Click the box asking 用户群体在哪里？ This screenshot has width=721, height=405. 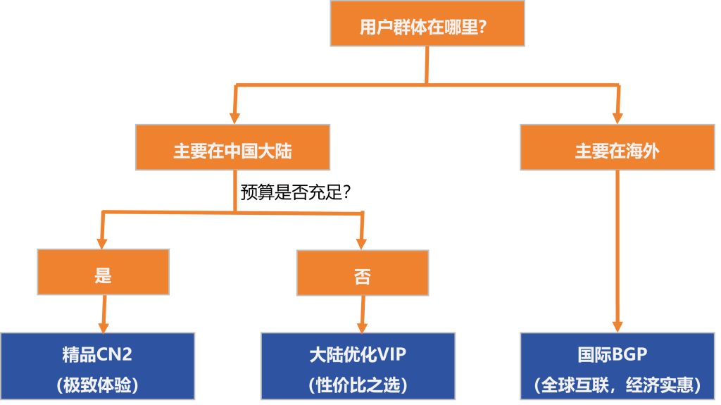pos(427,27)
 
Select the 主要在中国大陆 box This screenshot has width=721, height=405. pos(232,147)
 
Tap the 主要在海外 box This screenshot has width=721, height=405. pos(617,147)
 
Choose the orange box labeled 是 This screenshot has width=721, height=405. pos(104,272)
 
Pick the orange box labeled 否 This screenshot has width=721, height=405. pos(362,272)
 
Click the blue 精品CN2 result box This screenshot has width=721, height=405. pos(97,366)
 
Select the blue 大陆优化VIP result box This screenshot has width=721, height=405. pos(358,366)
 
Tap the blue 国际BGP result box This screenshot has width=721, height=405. pos(617,366)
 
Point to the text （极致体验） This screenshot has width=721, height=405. pos(97,385)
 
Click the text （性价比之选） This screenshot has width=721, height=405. pos(358,385)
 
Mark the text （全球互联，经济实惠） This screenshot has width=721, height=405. pos(617,385)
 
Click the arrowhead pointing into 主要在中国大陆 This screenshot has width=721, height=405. pos(234,116)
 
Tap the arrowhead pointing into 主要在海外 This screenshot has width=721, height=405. pos(618,116)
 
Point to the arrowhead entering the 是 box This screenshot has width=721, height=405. pos(103,241)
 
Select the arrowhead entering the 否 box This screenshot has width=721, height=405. pos(362,242)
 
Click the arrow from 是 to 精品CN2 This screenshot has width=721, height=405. pos(104,313)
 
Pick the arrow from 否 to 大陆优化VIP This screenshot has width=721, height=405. pos(363,313)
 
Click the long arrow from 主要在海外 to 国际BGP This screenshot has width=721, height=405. pos(617,247)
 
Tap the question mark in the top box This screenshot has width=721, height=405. pos(482,27)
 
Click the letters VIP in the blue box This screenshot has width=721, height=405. pos(392,354)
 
